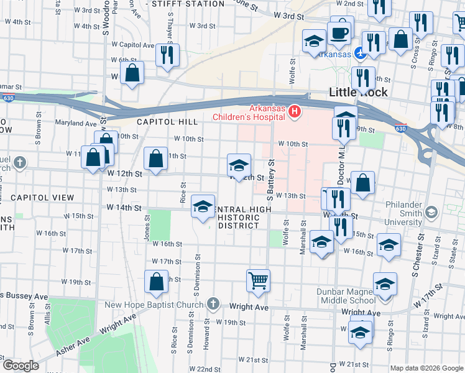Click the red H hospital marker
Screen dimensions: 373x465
[295, 112]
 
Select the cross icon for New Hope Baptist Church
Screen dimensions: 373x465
[213, 304]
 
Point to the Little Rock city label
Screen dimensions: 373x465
[358, 92]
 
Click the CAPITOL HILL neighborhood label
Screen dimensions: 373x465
[167, 122]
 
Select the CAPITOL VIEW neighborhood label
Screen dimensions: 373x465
[42, 198]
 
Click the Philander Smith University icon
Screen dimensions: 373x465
[431, 212]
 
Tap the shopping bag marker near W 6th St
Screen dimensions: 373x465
[132, 73]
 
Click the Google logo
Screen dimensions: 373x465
[21, 366]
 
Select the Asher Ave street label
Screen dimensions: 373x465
[74, 346]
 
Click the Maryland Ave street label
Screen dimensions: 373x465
[76, 123]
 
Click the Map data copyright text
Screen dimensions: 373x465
[426, 368]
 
